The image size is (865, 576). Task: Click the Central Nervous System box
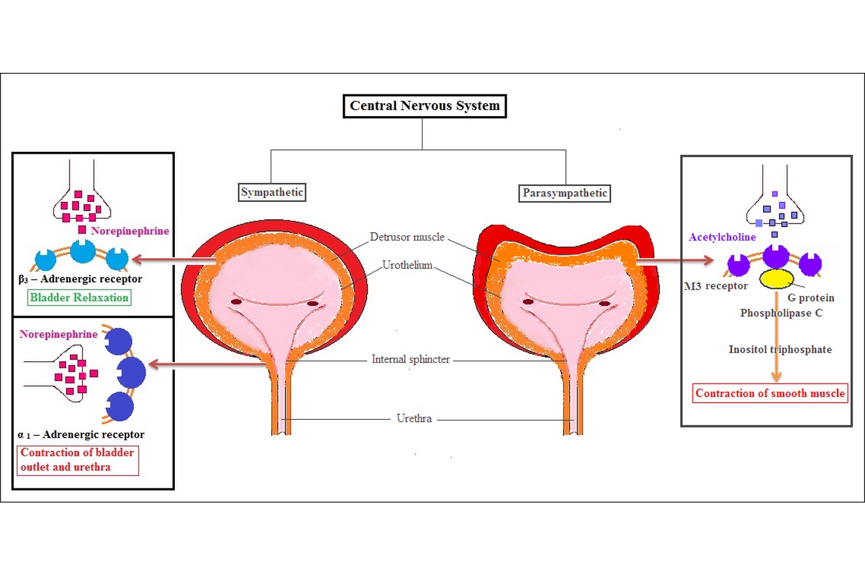[425, 106]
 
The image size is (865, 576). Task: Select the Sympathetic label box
[272, 192]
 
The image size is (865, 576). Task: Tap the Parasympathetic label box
[564, 193]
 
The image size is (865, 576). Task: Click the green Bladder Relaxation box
[79, 298]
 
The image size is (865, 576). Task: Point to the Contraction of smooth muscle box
[770, 393]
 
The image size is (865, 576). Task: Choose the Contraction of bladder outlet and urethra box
[78, 461]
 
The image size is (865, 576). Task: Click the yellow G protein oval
[776, 279]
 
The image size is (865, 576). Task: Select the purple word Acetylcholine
[722, 237]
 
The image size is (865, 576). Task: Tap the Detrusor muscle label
[407, 237]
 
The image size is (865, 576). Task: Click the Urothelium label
[407, 265]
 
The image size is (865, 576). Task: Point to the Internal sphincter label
[410, 359]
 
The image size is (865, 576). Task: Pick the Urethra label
[414, 418]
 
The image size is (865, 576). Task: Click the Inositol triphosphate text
[780, 349]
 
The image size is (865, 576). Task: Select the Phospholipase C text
[781, 313]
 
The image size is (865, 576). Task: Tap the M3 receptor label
[715, 286]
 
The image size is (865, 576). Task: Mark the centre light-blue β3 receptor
[83, 251]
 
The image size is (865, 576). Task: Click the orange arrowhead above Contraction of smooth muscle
[777, 376]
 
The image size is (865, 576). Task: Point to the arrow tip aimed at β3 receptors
[132, 259]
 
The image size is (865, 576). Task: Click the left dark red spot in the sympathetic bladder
[236, 302]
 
